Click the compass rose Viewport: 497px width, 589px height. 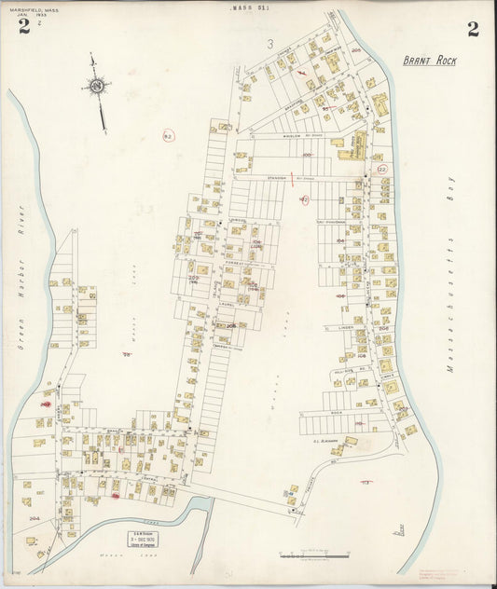tap(96, 89)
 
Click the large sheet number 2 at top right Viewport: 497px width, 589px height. tap(473, 28)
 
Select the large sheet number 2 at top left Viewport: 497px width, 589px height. tap(23, 26)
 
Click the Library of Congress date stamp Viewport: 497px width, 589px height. tap(143, 538)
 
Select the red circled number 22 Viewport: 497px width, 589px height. tap(381, 170)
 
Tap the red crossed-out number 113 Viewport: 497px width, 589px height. tap(366, 482)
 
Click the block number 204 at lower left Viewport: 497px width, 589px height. tap(35, 518)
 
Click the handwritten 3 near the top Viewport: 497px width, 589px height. tap(269, 43)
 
